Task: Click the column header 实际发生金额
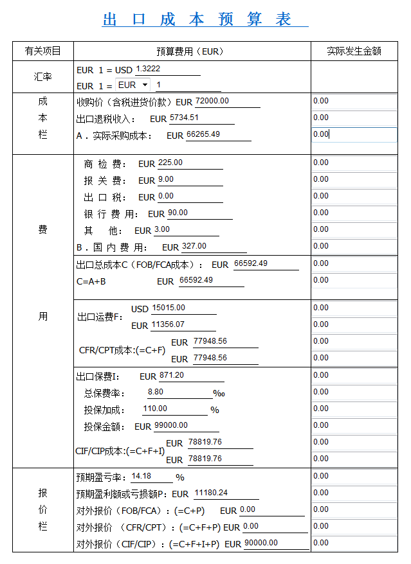pos(354,51)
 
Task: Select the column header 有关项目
pos(43,51)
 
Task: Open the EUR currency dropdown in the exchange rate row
pos(133,85)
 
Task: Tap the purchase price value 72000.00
pos(212,101)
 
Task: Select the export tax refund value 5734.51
pos(184,118)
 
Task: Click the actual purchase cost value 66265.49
pos(203,135)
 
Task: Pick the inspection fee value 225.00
pos(170,163)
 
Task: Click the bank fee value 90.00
pos(178,213)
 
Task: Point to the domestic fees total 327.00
pos(194,246)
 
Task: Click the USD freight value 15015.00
pos(169,308)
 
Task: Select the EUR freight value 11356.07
pos(168,325)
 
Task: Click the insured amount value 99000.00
pos(171,425)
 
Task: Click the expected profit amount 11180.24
pos(211,493)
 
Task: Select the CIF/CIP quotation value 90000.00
pos(262,543)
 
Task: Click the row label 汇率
pos(43,77)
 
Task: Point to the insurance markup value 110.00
pos(155,409)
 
